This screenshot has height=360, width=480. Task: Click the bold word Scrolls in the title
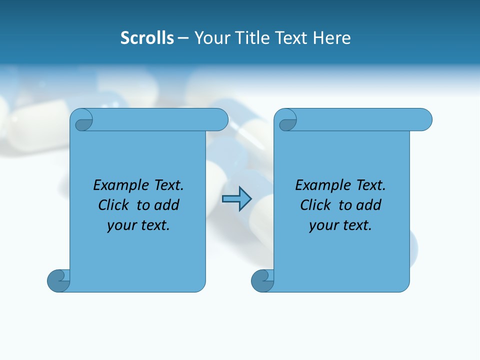point(147,38)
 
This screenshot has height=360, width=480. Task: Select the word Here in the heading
point(332,38)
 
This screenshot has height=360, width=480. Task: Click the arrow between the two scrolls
point(236,199)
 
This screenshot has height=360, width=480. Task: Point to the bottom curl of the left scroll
point(58,280)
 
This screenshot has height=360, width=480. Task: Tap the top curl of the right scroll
point(287,120)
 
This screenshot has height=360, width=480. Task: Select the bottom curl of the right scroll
point(262,280)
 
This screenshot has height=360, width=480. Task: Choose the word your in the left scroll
point(120,225)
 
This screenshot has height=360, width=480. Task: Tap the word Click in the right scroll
point(315,205)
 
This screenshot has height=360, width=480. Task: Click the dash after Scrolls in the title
point(183,38)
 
